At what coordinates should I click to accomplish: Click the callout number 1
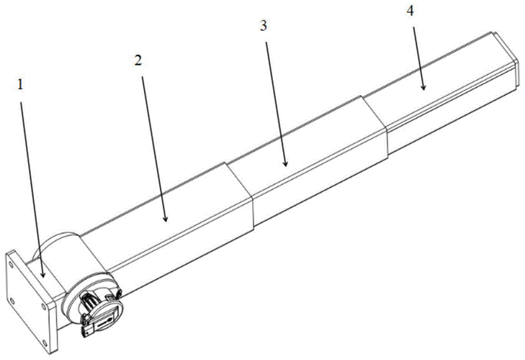click(20, 85)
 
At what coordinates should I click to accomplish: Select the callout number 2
click(138, 60)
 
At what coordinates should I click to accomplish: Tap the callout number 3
click(264, 26)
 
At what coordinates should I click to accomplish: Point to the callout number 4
click(410, 11)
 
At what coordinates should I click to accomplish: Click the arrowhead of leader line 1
click(42, 274)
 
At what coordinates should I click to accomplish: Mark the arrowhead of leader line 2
click(165, 218)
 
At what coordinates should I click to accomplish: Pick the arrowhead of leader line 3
click(285, 163)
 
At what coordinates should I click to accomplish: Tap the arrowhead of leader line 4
click(423, 86)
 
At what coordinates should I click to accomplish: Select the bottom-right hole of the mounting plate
click(45, 343)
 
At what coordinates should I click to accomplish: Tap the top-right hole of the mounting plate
click(43, 307)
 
